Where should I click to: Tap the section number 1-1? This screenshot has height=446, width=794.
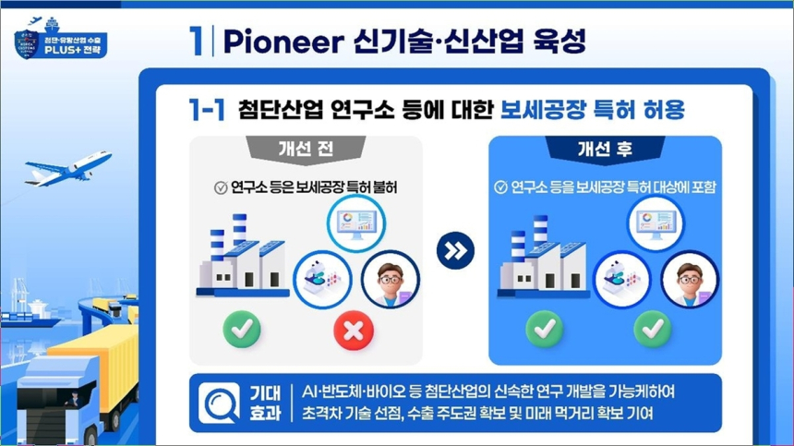pos(206,110)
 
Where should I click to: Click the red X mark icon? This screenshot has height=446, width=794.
pos(353,329)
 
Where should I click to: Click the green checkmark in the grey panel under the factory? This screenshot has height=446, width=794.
pos(241,329)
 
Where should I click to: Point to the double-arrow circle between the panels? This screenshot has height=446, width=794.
pos(455,250)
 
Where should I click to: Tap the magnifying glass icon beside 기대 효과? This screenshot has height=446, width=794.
pos(219,403)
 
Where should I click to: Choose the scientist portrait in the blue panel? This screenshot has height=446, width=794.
pos(690,279)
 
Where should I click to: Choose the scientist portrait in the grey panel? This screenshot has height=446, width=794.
pos(390,279)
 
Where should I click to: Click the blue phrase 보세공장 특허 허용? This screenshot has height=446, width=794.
pos(592,110)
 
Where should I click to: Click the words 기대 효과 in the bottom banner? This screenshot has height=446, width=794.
pos(265,403)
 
